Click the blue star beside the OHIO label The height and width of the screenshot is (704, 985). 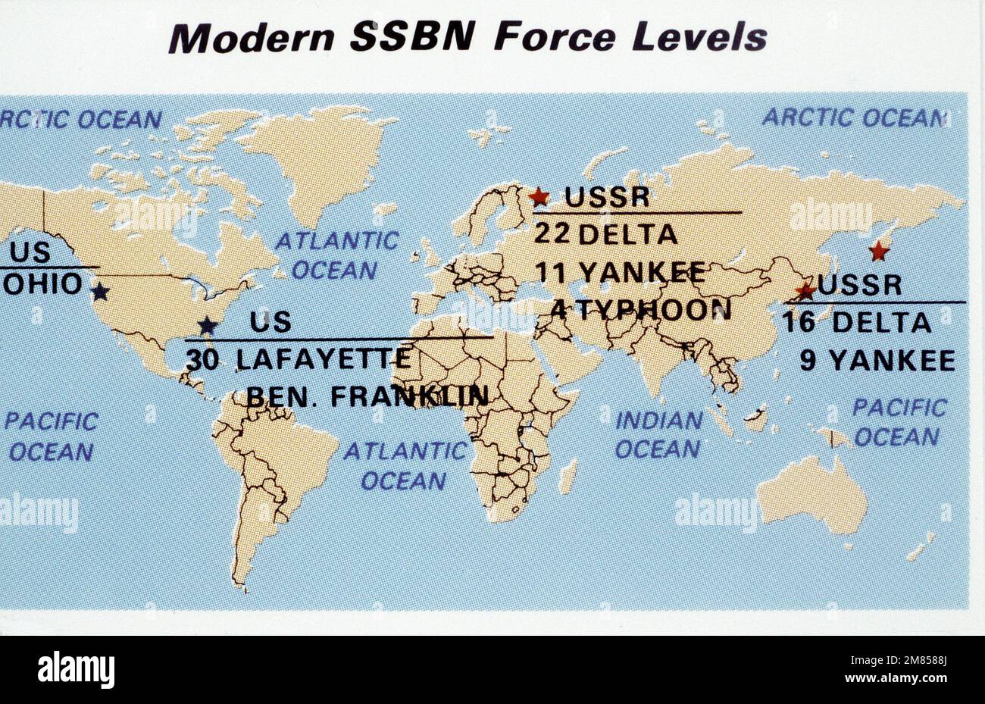pos(100,292)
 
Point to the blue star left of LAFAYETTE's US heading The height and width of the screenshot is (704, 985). pos(207,326)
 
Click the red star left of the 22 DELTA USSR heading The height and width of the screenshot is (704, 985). pos(539,197)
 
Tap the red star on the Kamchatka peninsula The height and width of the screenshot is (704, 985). pos(879,251)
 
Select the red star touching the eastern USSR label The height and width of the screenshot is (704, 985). pos(805,289)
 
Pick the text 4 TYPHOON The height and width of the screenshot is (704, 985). pos(641,309)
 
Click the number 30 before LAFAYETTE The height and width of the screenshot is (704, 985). pos(202,360)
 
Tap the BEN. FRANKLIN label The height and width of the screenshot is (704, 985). pos(367,396)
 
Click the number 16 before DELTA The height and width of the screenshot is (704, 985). pos(799,323)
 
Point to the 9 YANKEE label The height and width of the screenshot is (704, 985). pos(877,361)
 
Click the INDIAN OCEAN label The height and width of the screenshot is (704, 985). pos(658,434)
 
